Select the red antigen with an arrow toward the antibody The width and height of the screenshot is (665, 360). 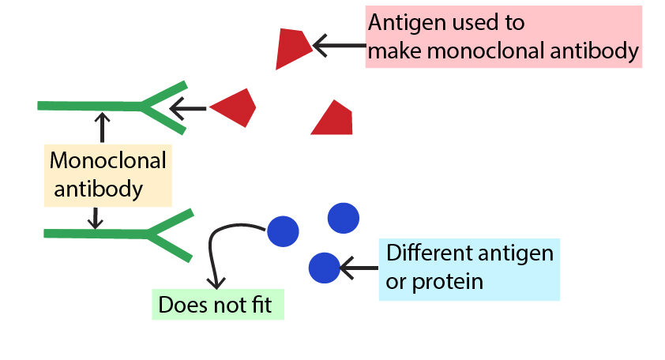[235, 107]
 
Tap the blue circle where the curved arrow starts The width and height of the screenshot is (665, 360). [283, 231]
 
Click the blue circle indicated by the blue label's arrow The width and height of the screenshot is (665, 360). [324, 268]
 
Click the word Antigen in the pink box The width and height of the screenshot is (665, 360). [403, 23]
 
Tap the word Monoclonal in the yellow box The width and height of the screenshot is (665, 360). [108, 161]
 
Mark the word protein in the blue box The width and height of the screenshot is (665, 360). [449, 281]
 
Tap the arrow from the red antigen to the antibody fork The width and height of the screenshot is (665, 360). [190, 107]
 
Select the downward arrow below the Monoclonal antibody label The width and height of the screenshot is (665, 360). [96, 216]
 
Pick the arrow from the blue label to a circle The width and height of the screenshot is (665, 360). [358, 270]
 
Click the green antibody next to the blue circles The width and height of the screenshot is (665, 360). [118, 234]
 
